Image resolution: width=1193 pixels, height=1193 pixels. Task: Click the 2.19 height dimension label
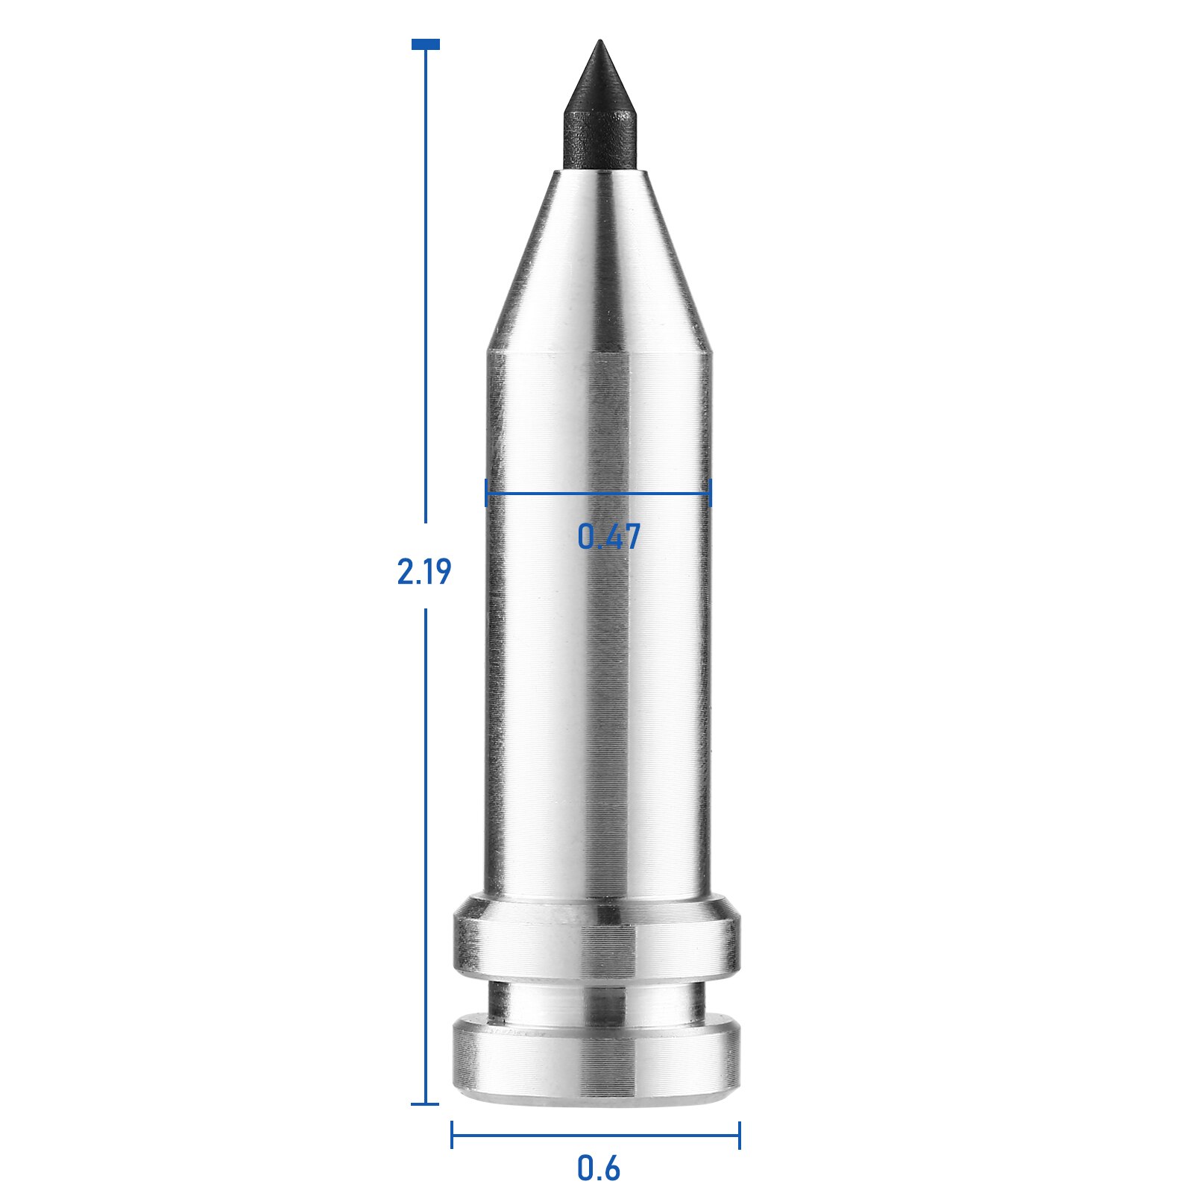[x=424, y=572]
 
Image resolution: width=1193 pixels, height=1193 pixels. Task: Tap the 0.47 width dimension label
[x=608, y=537]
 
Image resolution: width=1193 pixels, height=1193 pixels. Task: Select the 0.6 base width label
[x=598, y=1168]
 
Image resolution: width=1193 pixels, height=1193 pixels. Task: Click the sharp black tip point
[x=599, y=43]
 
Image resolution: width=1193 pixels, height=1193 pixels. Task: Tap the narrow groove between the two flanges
[x=596, y=1001]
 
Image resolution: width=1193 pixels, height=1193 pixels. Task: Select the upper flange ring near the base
[x=596, y=939]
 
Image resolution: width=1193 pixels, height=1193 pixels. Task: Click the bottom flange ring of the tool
[x=596, y=1059]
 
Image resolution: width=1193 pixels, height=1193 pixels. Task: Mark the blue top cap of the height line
[x=426, y=45]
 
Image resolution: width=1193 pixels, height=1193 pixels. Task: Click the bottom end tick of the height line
[x=426, y=1104]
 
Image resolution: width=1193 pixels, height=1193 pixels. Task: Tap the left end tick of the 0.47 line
[x=486, y=492]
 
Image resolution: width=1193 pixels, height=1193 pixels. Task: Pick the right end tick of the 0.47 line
[x=711, y=492]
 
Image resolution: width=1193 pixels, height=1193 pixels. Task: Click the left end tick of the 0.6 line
[x=452, y=1135]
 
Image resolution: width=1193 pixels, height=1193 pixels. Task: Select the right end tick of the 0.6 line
[x=739, y=1135]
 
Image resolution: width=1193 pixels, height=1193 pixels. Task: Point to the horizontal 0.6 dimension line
[x=596, y=1136]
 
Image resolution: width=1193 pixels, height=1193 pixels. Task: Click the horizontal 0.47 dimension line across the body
[x=596, y=492]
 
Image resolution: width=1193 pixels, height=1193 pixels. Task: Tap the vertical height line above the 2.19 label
[x=426, y=298]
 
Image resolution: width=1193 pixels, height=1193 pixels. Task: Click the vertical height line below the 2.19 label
[x=426, y=857]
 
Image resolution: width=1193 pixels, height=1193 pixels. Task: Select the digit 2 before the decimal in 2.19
[x=405, y=572]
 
